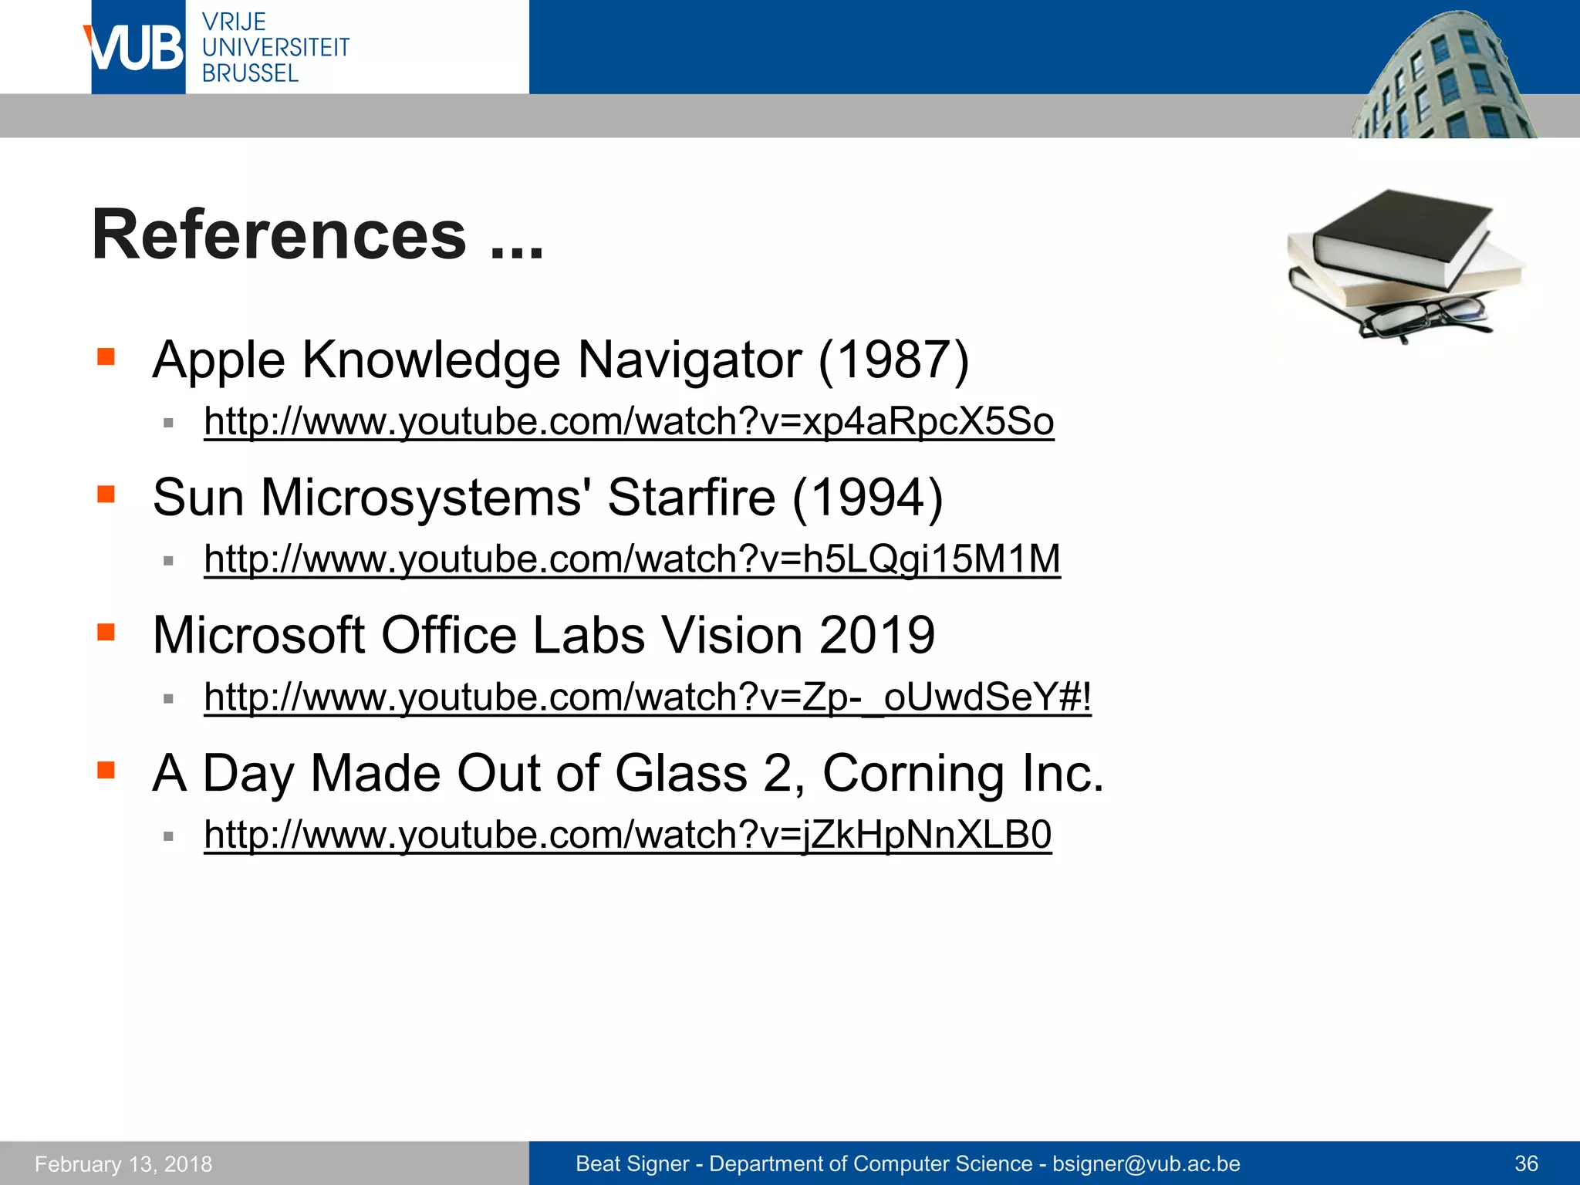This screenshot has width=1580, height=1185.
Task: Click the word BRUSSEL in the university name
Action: (x=250, y=73)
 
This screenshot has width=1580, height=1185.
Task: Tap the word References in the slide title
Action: (x=279, y=235)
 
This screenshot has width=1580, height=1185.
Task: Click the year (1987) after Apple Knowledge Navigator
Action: (x=893, y=360)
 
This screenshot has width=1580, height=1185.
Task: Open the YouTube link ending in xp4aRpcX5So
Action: (x=629, y=421)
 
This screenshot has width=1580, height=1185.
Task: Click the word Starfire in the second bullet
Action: (x=690, y=497)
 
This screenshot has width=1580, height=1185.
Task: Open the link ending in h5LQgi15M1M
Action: (x=632, y=559)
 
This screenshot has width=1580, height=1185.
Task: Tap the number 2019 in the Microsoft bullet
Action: (x=876, y=635)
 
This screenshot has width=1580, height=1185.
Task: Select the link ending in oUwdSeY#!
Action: (x=647, y=697)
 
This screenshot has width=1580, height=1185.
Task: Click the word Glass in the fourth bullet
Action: (x=680, y=773)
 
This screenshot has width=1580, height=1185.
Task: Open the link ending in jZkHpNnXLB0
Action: (x=627, y=835)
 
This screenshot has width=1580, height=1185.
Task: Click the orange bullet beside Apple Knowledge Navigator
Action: (x=106, y=356)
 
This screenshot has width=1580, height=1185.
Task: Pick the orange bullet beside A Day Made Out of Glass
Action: (x=106, y=770)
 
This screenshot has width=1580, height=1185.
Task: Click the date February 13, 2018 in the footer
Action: (x=123, y=1163)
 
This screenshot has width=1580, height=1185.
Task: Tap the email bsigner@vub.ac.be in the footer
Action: (x=1146, y=1163)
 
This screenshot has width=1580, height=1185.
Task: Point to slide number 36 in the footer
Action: (x=1526, y=1163)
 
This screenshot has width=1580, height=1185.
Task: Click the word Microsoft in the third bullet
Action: (x=258, y=635)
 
